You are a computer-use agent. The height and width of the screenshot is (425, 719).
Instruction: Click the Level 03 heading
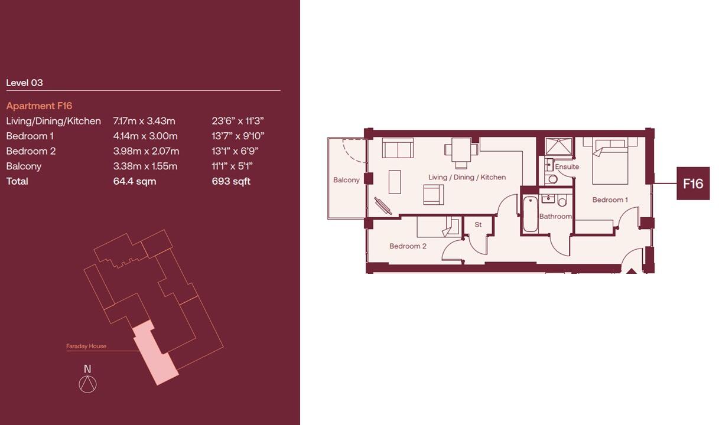click(24, 83)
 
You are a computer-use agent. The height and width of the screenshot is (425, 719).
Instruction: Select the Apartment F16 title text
click(39, 106)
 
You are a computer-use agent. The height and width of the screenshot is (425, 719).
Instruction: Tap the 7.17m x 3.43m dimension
click(144, 121)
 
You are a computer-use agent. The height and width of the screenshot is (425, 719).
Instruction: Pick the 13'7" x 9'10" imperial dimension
click(238, 136)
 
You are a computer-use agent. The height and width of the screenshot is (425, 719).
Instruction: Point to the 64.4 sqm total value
click(135, 181)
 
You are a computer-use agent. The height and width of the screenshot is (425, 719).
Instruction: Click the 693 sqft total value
click(231, 181)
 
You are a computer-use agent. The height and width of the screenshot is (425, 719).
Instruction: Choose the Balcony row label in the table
click(24, 166)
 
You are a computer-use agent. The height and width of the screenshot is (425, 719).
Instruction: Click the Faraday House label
click(86, 346)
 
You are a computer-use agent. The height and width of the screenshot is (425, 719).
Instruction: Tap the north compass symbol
click(87, 384)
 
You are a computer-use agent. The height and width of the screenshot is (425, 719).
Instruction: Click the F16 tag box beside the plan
click(692, 184)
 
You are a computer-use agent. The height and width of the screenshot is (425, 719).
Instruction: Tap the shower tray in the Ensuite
click(558, 147)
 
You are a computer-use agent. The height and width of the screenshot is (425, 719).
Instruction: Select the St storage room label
click(478, 225)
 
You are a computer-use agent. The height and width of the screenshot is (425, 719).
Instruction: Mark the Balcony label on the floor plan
click(346, 180)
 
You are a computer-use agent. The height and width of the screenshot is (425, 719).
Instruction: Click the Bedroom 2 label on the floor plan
click(408, 246)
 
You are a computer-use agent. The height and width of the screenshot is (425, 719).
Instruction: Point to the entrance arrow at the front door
click(631, 271)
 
